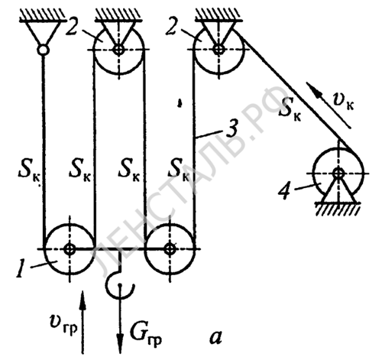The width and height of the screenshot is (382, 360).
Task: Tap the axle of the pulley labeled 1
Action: [x=70, y=249]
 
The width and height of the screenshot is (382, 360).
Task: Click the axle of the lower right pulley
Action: [x=170, y=249]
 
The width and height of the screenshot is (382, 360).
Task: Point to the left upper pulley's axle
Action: [x=118, y=50]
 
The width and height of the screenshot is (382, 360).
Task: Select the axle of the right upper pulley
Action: [x=219, y=49]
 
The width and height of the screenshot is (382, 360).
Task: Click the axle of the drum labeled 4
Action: [x=338, y=174]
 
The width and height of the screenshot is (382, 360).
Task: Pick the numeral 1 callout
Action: [x=20, y=268]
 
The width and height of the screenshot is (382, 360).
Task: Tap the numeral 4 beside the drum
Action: [x=285, y=191]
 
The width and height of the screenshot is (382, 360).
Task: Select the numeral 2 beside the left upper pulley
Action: [x=73, y=26]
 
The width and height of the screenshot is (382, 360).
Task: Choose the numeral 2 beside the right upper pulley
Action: [x=173, y=26]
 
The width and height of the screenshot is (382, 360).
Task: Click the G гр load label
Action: [x=145, y=336]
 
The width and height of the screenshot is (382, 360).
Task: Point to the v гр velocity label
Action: [x=63, y=326]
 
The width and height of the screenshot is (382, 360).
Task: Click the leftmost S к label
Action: [x=28, y=171]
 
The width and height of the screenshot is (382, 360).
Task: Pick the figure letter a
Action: [x=215, y=338]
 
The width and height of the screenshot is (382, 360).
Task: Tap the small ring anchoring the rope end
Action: [x=43, y=50]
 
